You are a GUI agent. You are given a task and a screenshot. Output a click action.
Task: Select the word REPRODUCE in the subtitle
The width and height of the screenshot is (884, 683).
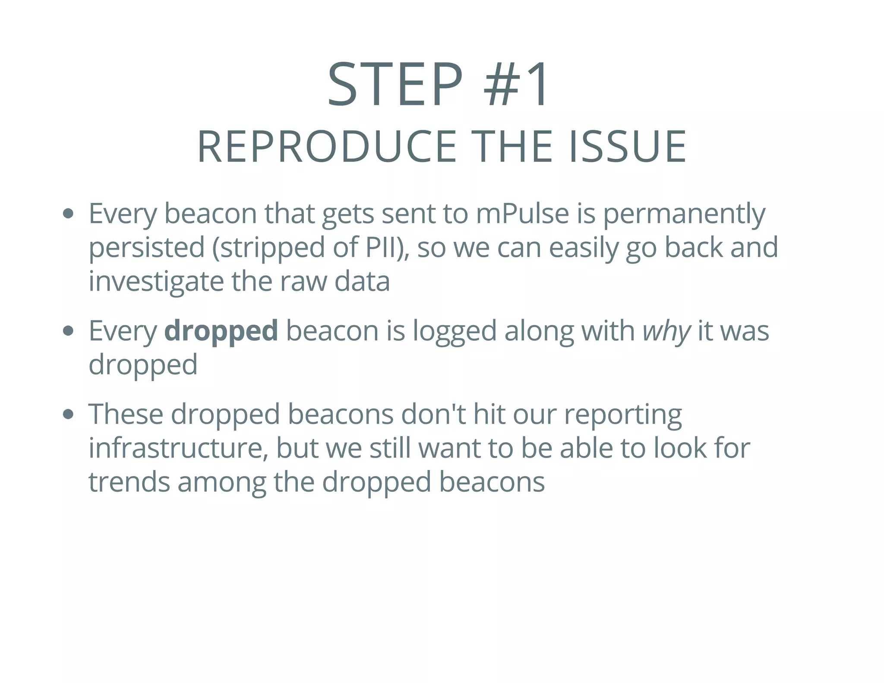[x=327, y=147]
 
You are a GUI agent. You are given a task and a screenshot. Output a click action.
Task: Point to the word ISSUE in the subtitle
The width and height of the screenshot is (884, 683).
[x=627, y=147]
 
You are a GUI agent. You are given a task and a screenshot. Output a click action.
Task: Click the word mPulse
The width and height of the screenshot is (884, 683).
[x=522, y=214]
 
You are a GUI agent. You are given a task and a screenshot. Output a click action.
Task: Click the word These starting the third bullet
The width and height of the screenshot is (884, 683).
[x=126, y=414]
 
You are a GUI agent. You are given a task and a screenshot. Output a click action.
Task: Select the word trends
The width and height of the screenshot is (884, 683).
[x=129, y=482]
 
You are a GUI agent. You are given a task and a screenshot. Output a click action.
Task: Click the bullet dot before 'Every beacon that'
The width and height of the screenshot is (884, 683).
[x=68, y=213]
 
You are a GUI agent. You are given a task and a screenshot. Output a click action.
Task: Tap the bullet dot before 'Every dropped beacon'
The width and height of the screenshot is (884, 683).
[x=68, y=331]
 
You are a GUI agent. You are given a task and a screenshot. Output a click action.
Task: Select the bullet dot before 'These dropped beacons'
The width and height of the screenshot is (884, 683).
[x=68, y=414]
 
